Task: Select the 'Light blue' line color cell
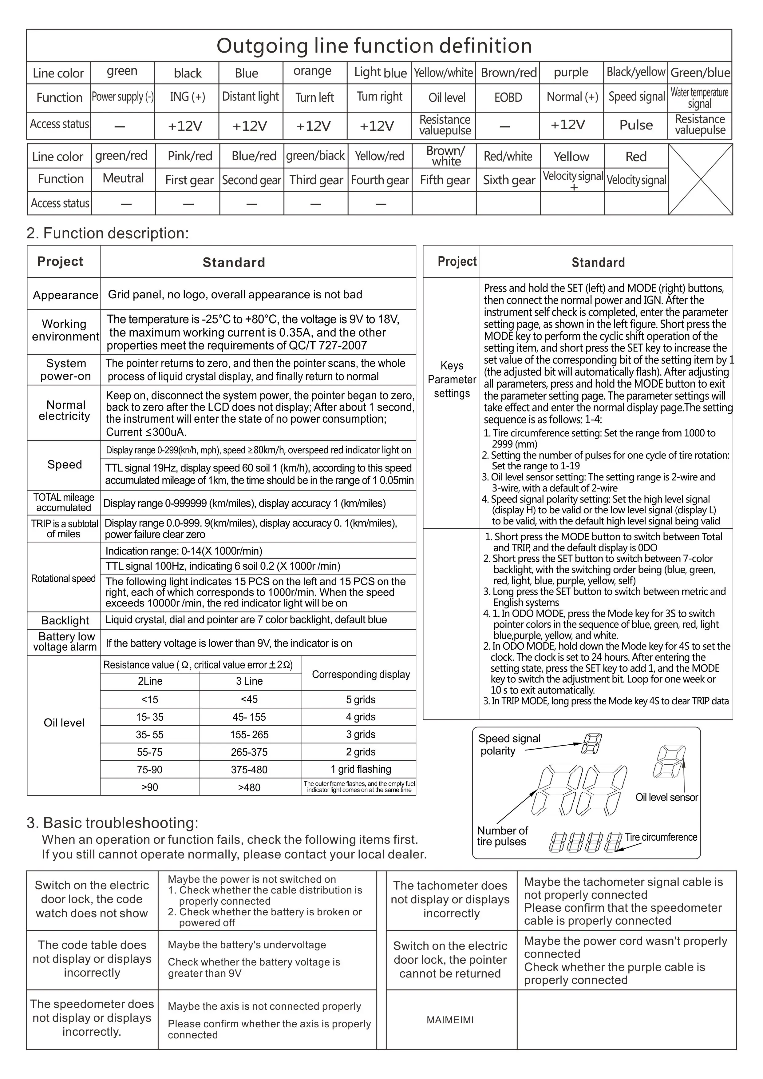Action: click(380, 73)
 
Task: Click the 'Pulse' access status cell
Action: click(636, 125)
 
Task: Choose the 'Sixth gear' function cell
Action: click(509, 180)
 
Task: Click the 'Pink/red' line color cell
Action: click(190, 156)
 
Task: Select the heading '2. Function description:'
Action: click(108, 233)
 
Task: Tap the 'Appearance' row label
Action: click(65, 295)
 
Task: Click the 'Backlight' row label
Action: click(65, 620)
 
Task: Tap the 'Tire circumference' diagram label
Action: click(661, 837)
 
